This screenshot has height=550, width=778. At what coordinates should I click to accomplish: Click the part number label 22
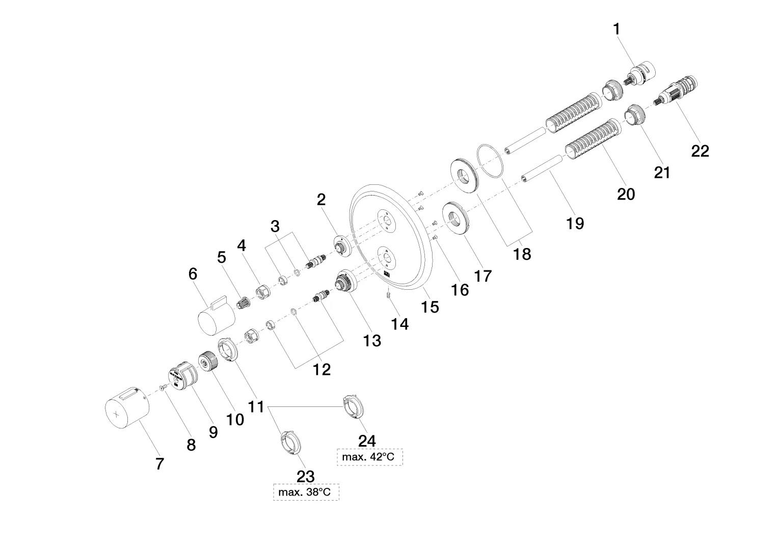pyautogui.click(x=700, y=151)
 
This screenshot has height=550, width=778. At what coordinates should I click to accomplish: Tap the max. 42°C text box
pyautogui.click(x=369, y=457)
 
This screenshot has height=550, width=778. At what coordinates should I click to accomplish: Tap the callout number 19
pyautogui.click(x=575, y=223)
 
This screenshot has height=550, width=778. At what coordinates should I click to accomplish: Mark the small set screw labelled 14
pyautogui.click(x=388, y=294)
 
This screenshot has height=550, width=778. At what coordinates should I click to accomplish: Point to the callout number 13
pyautogui.click(x=372, y=340)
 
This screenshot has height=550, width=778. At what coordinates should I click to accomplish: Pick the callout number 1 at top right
pyautogui.click(x=617, y=29)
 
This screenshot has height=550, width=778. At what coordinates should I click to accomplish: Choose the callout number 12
pyautogui.click(x=321, y=369)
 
